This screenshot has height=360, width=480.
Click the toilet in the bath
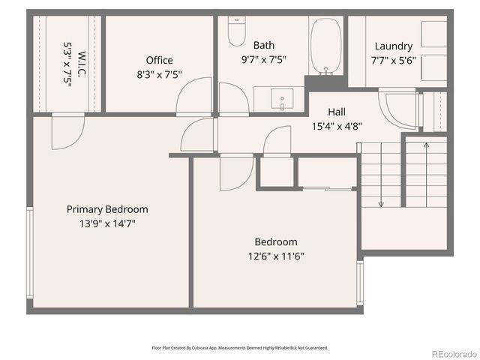[237, 31]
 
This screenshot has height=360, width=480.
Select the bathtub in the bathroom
[325, 46]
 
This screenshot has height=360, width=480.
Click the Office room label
[159, 60]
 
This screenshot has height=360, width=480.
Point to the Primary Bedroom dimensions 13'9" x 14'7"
[107, 223]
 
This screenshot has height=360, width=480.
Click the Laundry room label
[394, 46]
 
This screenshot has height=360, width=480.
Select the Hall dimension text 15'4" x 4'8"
[337, 127]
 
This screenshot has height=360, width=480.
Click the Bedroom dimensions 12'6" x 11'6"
[276, 256]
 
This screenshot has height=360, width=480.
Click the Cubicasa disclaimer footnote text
[240, 347]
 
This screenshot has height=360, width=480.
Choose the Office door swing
[195, 97]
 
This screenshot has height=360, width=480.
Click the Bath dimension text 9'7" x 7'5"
[263, 58]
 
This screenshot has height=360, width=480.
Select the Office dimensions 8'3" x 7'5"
[159, 74]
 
